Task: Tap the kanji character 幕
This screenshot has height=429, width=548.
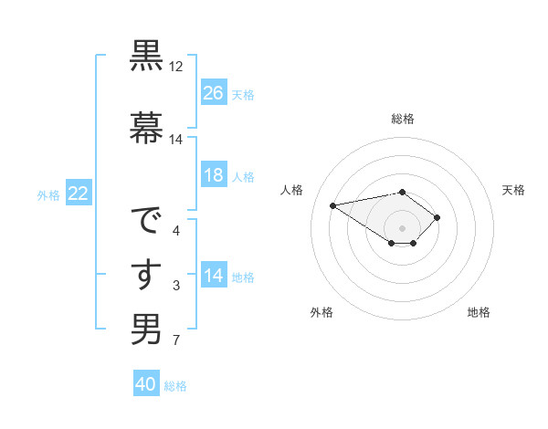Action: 146,126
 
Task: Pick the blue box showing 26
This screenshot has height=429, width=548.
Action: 214,93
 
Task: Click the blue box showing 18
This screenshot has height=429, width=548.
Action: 214,176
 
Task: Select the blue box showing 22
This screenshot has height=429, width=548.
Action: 78,194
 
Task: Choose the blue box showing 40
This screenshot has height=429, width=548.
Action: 146,384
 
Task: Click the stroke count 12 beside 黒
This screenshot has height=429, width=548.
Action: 176,68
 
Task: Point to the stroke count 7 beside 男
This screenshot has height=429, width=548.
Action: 176,341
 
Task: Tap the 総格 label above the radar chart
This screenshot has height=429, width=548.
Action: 403,119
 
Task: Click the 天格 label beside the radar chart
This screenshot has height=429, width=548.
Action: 513,190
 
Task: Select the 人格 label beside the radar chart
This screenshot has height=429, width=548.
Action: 292,190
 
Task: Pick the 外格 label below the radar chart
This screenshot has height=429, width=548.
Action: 321,312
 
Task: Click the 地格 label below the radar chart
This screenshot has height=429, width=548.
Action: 479,312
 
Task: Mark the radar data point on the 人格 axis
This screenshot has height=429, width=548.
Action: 333,204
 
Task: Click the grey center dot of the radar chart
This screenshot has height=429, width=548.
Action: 402,227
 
